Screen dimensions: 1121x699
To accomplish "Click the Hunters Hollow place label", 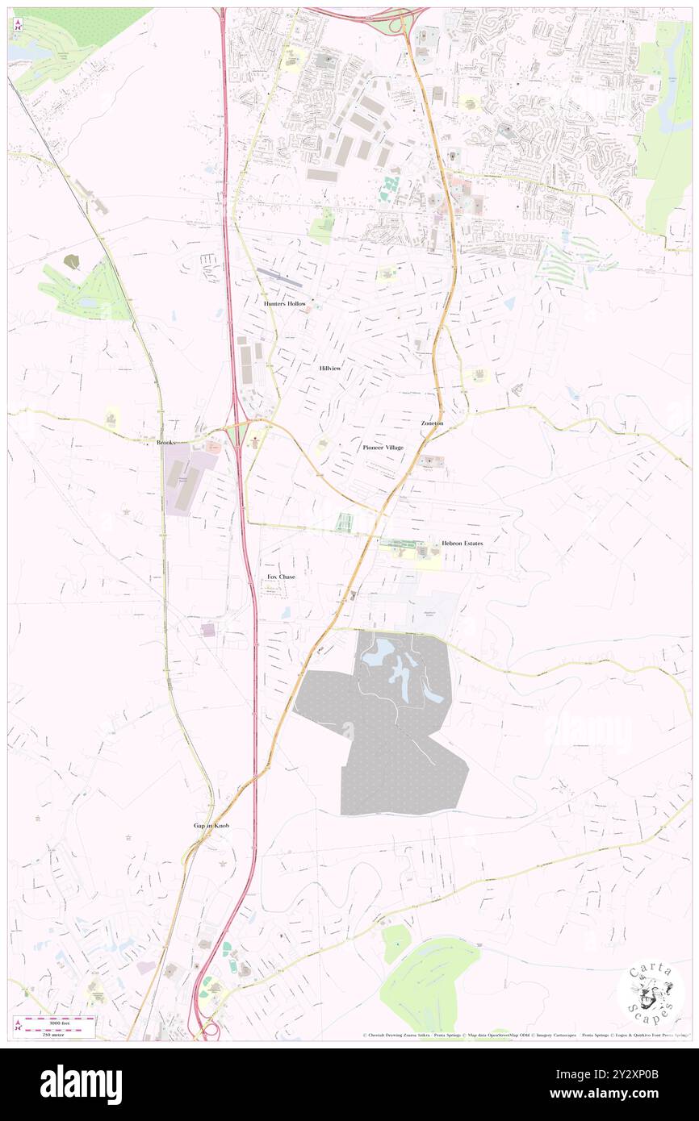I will pyautogui.click(x=285, y=303).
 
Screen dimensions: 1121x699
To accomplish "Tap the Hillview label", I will pyautogui.click(x=330, y=368).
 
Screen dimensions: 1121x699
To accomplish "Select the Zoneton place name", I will pyautogui.click(x=432, y=423).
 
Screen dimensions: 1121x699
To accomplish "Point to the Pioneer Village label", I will pyautogui.click(x=383, y=447).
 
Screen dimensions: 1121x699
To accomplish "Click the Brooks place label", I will pyautogui.click(x=167, y=443).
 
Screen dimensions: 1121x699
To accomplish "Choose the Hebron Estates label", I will pyautogui.click(x=463, y=544).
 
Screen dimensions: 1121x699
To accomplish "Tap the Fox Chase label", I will pyautogui.click(x=281, y=577).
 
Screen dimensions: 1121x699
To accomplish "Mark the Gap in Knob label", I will pyautogui.click(x=211, y=826).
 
